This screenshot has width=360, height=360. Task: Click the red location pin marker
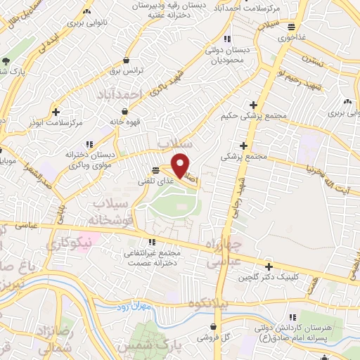(181, 166)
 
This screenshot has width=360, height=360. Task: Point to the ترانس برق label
(125, 71)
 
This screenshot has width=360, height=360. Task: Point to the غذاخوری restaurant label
(290, 37)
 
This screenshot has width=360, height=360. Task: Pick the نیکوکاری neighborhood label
(70, 245)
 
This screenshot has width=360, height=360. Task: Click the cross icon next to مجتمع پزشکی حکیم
(253, 105)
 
